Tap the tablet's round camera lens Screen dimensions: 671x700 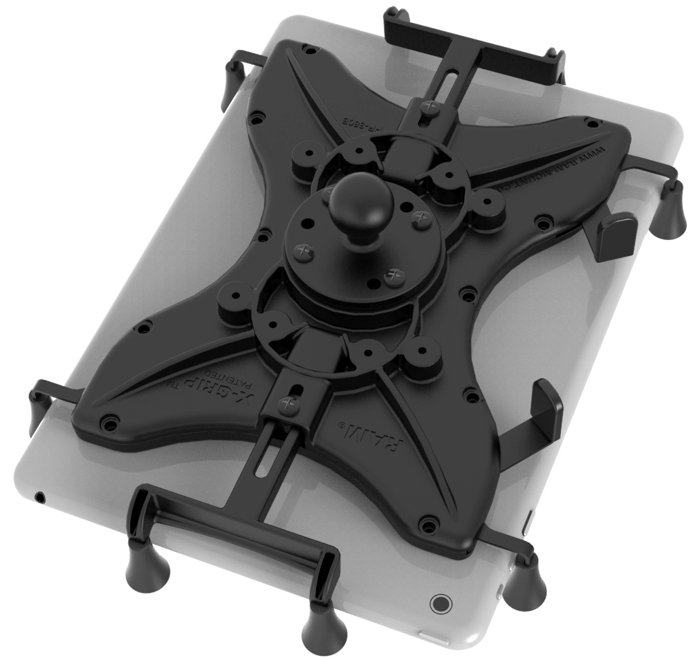click(439, 603)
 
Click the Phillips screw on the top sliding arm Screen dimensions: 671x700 click(429, 107)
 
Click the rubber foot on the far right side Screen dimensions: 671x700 click(670, 212)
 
